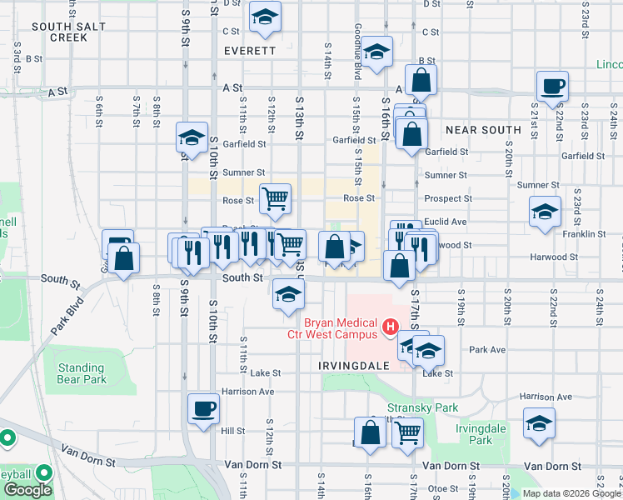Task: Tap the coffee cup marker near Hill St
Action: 204,409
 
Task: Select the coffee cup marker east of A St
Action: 553,86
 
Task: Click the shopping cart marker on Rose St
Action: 276,198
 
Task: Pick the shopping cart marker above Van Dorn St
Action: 407,432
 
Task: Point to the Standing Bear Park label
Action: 82,373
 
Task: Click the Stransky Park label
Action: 434,408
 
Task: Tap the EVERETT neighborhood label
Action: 250,51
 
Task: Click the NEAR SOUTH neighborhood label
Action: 483,130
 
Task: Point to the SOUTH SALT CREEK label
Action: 69,32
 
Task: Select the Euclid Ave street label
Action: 445,222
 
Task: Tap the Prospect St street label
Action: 448,199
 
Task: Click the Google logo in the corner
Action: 27,490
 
